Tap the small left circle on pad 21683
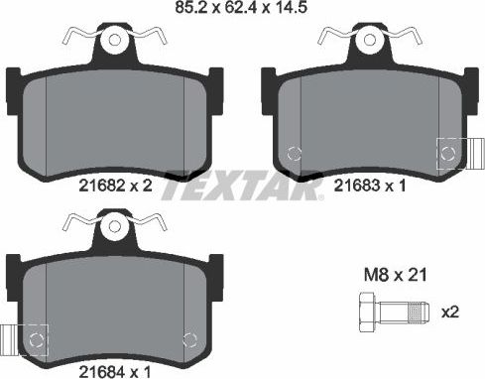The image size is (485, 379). tap(294, 154)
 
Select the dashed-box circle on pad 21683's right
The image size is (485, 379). tap(449, 152)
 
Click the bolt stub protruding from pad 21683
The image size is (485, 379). tap(474, 152)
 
